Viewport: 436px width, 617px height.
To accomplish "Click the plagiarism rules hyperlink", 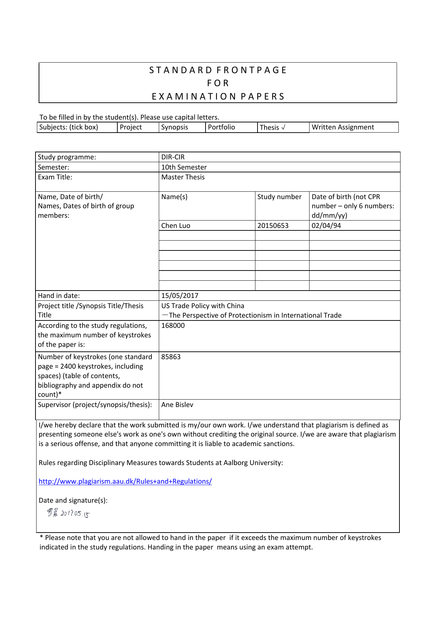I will point(125,481).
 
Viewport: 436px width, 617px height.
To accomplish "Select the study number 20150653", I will point(273,225).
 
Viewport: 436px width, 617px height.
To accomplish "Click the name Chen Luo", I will point(176,225).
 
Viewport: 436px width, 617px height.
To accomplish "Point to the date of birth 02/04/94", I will point(326,225).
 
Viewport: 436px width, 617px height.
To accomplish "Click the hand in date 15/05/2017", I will point(180,295).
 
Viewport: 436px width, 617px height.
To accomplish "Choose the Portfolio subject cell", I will point(221,127).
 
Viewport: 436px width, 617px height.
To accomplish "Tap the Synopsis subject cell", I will point(175,127).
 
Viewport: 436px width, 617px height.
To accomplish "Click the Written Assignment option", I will point(343,127).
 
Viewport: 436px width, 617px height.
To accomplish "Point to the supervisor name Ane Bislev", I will point(177,405).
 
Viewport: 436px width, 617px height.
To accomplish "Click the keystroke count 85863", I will point(171,357).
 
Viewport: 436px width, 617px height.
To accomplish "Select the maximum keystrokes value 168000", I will point(173,325).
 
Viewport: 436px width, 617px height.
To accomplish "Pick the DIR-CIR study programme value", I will point(173,157).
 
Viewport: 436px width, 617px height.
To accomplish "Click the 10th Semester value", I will point(184,167).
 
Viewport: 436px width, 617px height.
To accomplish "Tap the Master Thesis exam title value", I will point(183,177).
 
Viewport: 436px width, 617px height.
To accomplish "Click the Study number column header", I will point(279,197).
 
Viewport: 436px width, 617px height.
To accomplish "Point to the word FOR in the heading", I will point(218,83).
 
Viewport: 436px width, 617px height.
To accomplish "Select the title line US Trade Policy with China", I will point(203,306).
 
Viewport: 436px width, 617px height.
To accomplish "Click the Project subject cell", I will point(131,127).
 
